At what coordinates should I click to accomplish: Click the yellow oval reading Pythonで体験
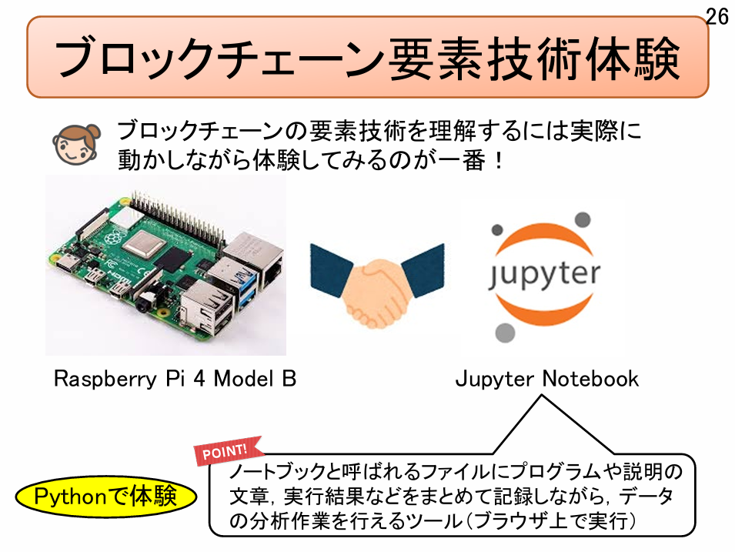pos(106,496)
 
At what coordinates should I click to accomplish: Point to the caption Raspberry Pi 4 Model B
pos(175,379)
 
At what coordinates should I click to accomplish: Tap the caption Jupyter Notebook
pos(546,379)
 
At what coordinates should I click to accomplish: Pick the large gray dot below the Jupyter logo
pos(504,333)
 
